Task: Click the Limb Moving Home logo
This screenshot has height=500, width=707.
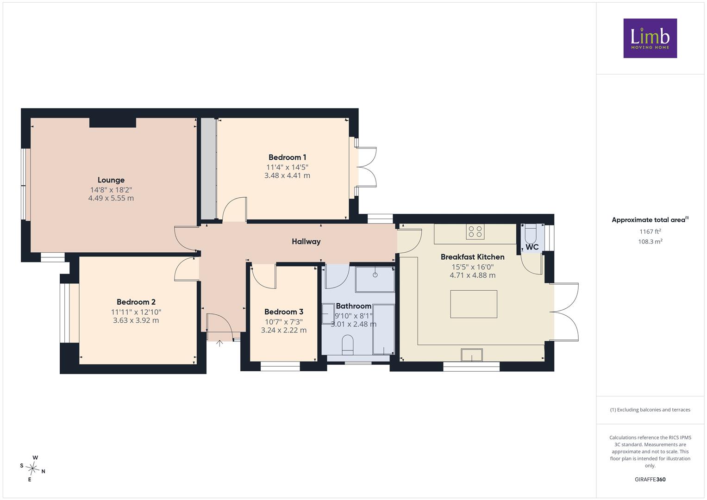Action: coord(650,38)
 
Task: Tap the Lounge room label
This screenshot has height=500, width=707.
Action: coord(111,180)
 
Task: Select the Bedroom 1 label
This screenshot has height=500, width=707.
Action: coord(287,157)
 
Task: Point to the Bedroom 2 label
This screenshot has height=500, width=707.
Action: coord(136,302)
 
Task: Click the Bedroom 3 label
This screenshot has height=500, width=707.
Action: coord(284,312)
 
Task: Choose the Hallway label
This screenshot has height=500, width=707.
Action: coord(306,242)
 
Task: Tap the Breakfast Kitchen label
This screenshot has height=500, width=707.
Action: coord(472,257)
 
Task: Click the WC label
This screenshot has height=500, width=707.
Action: coord(532,247)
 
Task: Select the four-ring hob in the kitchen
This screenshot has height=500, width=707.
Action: coord(475,231)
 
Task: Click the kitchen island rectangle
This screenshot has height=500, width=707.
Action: coord(474,304)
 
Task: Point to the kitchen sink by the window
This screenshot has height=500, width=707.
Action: coord(471,355)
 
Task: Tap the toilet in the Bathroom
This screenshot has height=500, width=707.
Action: coord(348,345)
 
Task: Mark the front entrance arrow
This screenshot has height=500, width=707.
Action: coord(219,344)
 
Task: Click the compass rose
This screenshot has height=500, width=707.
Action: coord(33,469)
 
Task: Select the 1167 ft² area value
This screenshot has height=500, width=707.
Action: coord(650,231)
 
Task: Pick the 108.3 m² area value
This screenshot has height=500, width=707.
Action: coord(650,242)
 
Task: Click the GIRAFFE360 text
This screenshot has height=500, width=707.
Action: coord(650,479)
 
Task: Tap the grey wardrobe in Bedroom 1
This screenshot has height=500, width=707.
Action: coord(208,169)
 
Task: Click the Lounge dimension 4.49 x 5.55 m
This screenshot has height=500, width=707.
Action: coord(111,198)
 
